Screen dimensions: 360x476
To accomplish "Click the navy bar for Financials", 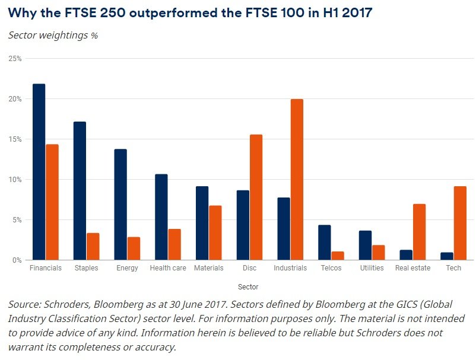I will point(39,172).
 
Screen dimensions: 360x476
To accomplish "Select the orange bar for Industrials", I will point(296,180).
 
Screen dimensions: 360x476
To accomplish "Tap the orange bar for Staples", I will point(93,247).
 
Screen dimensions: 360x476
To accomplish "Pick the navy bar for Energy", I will point(120,205).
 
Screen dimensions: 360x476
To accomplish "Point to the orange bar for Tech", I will point(459,223).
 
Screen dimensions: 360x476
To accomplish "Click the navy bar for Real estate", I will point(406,255).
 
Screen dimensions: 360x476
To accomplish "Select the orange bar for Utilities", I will point(378,253).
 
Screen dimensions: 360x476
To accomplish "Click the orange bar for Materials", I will point(215,233).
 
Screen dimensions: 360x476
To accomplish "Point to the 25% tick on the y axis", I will point(15,59).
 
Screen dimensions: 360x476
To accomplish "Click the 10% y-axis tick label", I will point(15,180).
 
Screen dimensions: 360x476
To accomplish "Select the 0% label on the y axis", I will point(17,260).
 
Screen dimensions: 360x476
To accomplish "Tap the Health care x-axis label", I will point(168,268).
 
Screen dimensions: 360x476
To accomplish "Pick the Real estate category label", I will point(412,268).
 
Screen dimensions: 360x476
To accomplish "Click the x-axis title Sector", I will point(248,287).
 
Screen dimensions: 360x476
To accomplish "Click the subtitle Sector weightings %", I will point(53,35).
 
